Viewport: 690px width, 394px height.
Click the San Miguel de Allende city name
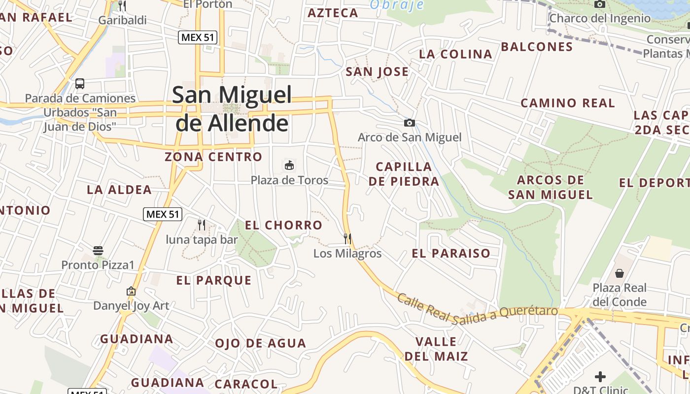pos(232,108)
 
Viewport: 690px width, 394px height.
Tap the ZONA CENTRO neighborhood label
pos(213,157)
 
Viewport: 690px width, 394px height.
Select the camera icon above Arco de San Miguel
pos(409,123)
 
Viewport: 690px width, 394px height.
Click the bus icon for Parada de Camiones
pos(80,84)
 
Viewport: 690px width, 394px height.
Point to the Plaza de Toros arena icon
pos(289,165)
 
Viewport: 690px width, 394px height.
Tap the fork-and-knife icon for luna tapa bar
pos(202,225)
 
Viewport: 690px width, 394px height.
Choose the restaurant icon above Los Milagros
pos(347,239)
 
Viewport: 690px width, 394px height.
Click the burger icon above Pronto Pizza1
pos(98,251)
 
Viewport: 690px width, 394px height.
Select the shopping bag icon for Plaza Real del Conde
pos(620,273)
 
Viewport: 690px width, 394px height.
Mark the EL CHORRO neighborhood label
pos(283,226)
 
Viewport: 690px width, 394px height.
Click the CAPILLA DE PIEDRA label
pos(404,174)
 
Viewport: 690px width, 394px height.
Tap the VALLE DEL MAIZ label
pos(436,349)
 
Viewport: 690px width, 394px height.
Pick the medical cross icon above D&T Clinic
pos(600,377)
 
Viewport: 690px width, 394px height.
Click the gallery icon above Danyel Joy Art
pos(131,291)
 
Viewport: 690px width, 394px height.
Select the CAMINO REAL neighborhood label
pos(568,103)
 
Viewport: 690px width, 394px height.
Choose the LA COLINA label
pos(455,55)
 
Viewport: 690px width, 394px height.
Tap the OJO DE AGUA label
pos(260,343)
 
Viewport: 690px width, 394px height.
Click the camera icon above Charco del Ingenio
pos(599,4)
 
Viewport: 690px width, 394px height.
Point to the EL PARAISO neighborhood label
pos(451,254)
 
